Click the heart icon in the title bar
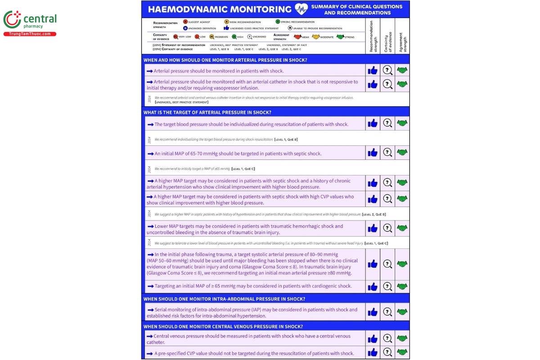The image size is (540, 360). coord(301,9)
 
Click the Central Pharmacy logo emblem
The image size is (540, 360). coord(12,20)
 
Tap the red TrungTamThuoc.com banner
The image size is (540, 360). coord(30,34)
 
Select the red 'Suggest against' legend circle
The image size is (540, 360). coord(185,22)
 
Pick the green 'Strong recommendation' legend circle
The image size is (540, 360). coord(278,22)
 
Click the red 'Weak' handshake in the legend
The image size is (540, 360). coord(297,36)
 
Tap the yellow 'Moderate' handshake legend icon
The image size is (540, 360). coord(315,36)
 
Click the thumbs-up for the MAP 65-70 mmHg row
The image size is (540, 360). coord(373,153)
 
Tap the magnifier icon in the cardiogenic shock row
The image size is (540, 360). coord(387,286)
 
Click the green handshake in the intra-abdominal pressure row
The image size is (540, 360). coord(402,312)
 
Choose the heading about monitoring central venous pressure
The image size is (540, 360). coord(223,327)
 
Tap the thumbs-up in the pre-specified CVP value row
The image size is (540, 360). coord(373,353)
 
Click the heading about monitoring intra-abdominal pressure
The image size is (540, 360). coord(224,299)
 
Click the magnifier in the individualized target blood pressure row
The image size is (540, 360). coord(387,123)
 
